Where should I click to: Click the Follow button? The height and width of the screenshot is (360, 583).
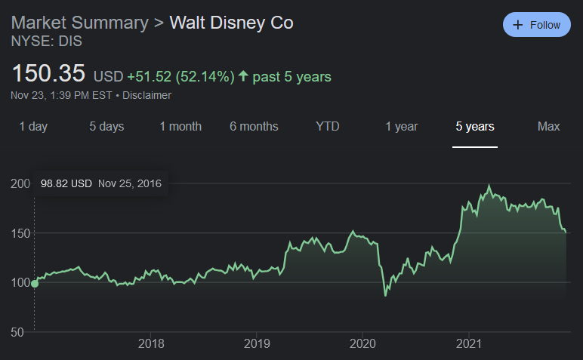537,25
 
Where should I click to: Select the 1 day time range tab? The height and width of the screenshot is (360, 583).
33,126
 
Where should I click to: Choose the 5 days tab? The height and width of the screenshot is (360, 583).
106,126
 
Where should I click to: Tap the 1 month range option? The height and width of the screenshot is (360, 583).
180,126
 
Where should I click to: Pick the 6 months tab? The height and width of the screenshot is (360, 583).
254,126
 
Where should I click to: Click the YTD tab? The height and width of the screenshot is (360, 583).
328,126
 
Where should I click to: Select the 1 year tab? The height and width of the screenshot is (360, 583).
402,126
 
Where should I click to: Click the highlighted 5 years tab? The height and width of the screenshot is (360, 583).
475,126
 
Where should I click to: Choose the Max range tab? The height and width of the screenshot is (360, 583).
549,126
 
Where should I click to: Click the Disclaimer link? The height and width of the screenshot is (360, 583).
147,95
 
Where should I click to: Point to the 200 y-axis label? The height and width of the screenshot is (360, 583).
20,183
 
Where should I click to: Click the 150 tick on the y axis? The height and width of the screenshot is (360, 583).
20,233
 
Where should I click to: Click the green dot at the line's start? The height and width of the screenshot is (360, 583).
34,284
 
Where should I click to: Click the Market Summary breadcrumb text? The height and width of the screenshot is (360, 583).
80,22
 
